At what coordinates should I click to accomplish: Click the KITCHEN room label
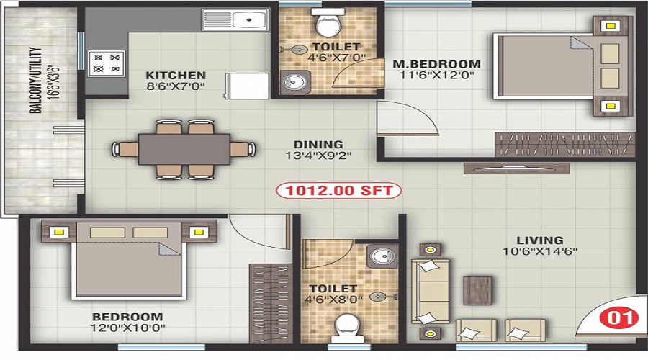(176, 75)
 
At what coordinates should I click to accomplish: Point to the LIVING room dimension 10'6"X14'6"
(539, 252)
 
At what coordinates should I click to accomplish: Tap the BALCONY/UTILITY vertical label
(35, 81)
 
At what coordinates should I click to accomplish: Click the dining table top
(184, 149)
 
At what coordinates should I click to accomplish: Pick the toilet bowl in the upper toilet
(328, 25)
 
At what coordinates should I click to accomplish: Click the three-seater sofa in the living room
(430, 292)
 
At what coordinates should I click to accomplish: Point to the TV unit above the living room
(516, 168)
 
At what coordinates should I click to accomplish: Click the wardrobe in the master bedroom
(564, 144)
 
